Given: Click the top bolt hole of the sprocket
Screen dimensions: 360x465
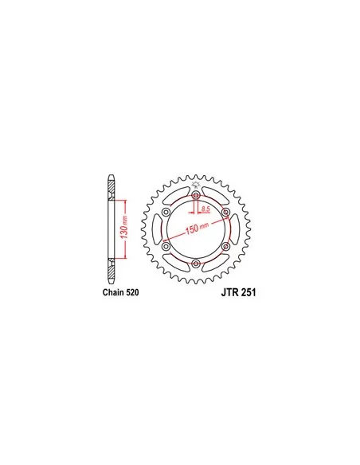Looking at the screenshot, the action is coord(196,195).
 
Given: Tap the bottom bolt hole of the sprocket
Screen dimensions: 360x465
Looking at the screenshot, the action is coord(196,263).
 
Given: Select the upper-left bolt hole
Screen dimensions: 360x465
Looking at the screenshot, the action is coord(166,212).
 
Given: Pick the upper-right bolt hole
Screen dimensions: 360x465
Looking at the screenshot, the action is coord(225,212).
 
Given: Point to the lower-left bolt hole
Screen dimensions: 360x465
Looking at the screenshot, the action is coord(166,246).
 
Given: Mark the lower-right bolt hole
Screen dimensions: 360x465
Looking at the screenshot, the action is coord(225,246).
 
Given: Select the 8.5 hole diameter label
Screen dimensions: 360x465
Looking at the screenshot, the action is coord(205,209).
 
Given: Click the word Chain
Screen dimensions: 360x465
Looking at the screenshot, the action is coord(113,292).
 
